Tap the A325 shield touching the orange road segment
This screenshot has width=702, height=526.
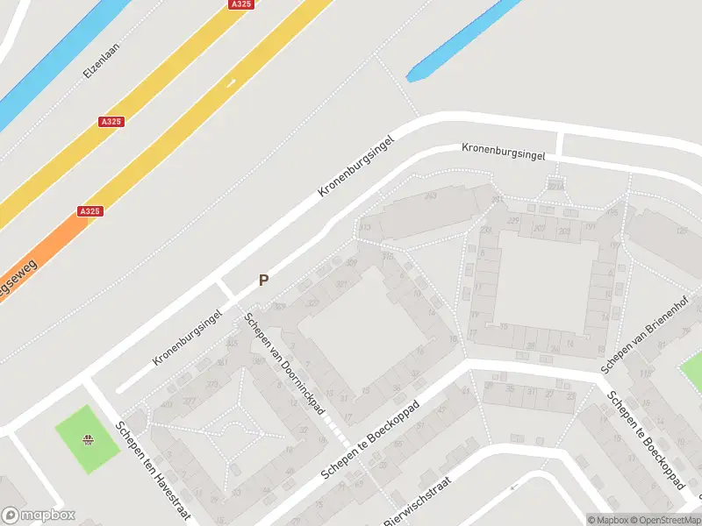point(90,211)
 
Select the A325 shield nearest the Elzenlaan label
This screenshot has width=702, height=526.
point(111,122)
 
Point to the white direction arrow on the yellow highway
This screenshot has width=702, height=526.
point(231,82)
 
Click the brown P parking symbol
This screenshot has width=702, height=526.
point(262,281)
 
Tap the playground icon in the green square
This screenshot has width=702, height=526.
point(87,440)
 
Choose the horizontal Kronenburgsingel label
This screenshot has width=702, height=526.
point(504,151)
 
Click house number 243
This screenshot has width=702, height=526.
point(430,195)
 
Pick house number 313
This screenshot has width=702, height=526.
point(365,228)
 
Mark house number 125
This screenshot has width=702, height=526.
point(682,231)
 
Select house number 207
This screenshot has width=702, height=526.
point(538,228)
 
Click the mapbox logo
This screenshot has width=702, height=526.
point(39,515)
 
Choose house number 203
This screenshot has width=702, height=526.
point(563,231)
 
